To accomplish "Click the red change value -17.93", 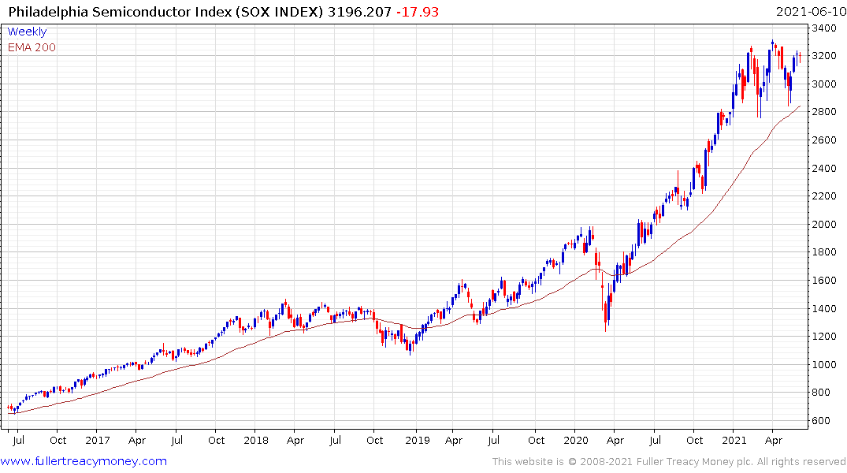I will coord(418,12).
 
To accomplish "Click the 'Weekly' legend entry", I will coord(27,32).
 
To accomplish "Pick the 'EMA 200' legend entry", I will coord(32,47).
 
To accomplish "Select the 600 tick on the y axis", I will coord(823,421).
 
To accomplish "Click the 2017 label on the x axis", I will coord(97,440).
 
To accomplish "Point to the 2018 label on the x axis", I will coord(256,440).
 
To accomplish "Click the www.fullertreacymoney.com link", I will coord(84,461).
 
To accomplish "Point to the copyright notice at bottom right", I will coord(669,462).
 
